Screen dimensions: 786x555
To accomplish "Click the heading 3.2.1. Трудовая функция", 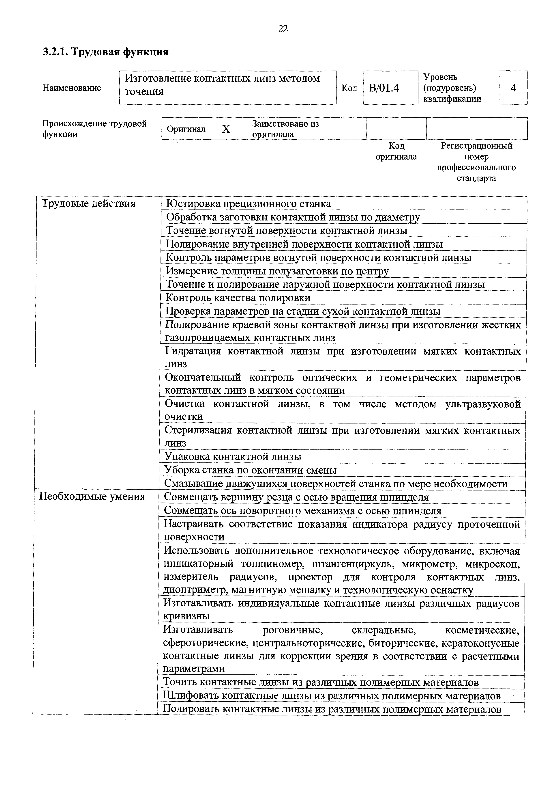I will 106,52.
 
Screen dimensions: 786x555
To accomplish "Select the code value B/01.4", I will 384,88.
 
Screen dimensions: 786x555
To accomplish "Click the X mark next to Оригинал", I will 226,129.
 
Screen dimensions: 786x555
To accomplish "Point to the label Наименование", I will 72,88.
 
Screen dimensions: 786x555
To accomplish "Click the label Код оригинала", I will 396,151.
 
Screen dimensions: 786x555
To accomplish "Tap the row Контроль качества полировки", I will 238,298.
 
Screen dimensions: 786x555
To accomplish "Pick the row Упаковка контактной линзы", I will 233,457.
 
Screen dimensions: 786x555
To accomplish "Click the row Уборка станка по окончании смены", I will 250,470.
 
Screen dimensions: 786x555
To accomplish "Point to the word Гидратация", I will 193,351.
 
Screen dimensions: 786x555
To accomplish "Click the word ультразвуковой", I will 483,404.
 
